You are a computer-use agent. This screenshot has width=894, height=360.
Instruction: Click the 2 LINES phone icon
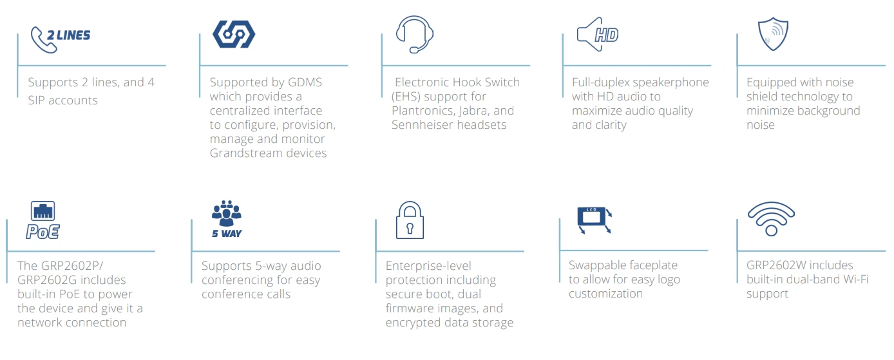coord(60,38)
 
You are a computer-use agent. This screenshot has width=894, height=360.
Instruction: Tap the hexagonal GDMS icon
coord(234,34)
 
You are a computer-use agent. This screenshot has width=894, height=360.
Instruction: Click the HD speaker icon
coord(598,34)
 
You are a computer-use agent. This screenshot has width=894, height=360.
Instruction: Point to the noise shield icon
coord(773,34)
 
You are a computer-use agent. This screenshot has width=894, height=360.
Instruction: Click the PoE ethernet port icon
coord(43,220)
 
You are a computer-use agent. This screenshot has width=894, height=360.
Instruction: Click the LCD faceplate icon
coord(594,219)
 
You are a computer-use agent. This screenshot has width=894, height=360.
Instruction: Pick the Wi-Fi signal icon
coord(770,219)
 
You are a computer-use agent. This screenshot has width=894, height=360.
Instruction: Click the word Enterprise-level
coord(428,266)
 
